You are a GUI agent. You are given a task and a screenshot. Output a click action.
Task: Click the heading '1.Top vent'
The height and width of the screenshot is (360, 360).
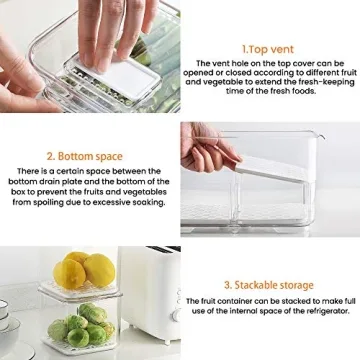click(269, 47)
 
